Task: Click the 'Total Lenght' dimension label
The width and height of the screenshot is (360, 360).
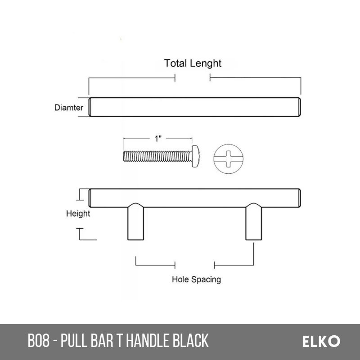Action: pyautogui.click(x=193, y=63)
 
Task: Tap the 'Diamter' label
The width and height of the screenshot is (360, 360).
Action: pyautogui.click(x=69, y=108)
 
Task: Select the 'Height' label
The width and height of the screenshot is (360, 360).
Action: pyautogui.click(x=78, y=214)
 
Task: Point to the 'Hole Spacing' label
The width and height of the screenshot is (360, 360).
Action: pyautogui.click(x=196, y=279)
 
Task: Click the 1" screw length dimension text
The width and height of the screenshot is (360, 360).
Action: pyautogui.click(x=158, y=139)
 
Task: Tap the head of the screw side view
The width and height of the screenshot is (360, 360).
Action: pyautogui.click(x=195, y=156)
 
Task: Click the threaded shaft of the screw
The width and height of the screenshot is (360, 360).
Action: pyautogui.click(x=157, y=156)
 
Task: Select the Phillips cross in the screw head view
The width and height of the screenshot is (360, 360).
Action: pyautogui.click(x=229, y=159)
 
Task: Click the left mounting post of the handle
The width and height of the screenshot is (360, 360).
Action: pyautogui.click(x=136, y=221)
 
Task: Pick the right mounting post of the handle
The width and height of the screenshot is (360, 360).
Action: pyautogui.click(x=253, y=221)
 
